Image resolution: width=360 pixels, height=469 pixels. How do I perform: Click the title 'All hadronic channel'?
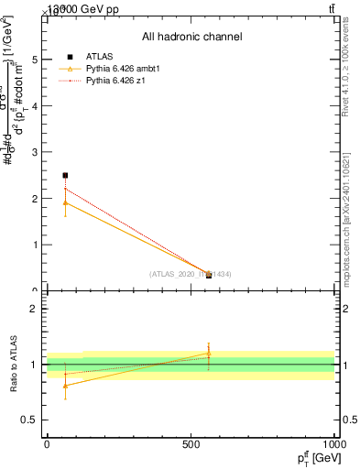click(x=191, y=37)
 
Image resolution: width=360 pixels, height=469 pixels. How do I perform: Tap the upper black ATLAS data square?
click(x=65, y=175)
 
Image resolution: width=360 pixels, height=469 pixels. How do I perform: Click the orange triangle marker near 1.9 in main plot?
click(x=65, y=202)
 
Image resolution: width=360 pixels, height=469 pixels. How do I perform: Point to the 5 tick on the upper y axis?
click(x=34, y=60)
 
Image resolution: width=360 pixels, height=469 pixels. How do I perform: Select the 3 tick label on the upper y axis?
click(x=34, y=152)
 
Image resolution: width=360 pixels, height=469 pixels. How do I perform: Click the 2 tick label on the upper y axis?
click(x=34, y=199)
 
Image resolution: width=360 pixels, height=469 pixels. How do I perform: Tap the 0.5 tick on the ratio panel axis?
click(x=29, y=420)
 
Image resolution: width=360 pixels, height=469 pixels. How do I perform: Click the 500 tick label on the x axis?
click(x=191, y=444)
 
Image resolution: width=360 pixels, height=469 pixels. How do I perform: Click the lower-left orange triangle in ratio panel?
click(x=65, y=385)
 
